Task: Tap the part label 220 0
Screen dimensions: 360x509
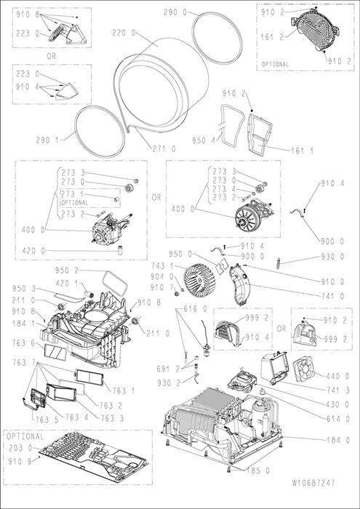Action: tap(124, 33)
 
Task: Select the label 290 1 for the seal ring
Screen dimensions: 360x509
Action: tap(47, 140)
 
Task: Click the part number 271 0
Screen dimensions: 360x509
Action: tap(164, 148)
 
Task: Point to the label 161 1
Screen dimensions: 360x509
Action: tap(302, 151)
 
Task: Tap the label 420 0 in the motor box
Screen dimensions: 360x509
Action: tap(33, 250)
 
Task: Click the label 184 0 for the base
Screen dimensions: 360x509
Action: tap(338, 440)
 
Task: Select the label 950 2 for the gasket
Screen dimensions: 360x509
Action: tap(68, 270)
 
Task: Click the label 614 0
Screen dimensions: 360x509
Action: tap(338, 419)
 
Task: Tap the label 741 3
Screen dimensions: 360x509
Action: tap(338, 390)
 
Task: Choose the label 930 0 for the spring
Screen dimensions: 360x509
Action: tap(333, 257)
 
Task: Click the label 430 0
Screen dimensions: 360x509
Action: tap(338, 405)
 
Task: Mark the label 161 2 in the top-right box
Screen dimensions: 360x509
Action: tap(272, 36)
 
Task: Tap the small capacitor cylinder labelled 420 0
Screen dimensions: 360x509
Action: tap(121, 250)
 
